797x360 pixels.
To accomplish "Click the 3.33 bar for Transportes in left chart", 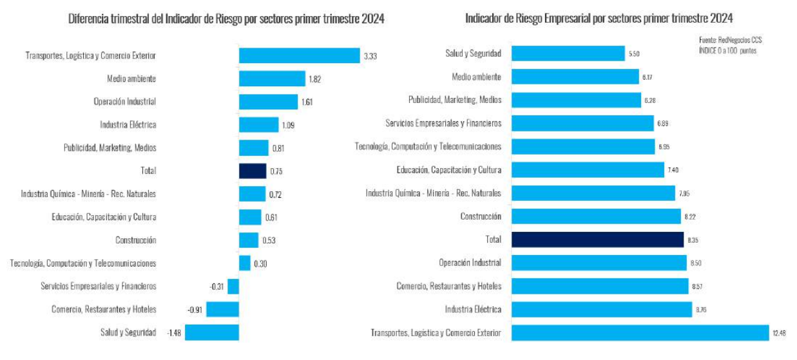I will coord(299,55).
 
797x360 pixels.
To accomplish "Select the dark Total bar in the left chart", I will coord(252,171).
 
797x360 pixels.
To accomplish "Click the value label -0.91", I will coord(195,310).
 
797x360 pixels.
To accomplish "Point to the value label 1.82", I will coord(314,79).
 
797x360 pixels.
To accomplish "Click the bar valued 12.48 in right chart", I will coord(640,332).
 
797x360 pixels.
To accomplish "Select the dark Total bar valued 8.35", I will coord(597,240).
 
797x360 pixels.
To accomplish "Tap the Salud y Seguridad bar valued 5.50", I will coord(568,53).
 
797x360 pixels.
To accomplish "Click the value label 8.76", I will coord(702,310).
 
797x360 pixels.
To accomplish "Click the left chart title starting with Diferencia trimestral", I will coord(226,19).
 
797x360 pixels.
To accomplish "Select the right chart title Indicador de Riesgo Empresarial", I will coord(599,19).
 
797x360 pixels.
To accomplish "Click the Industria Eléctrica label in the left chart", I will coord(128,124).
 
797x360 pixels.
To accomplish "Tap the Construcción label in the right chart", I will coord(481,216).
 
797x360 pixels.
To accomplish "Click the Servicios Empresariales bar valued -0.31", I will coord(233,286).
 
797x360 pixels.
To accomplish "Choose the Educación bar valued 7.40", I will coord(588,170).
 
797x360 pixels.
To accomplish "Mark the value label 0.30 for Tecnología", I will coord(261,263).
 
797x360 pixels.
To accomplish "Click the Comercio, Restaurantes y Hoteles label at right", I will coord(448,286).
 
